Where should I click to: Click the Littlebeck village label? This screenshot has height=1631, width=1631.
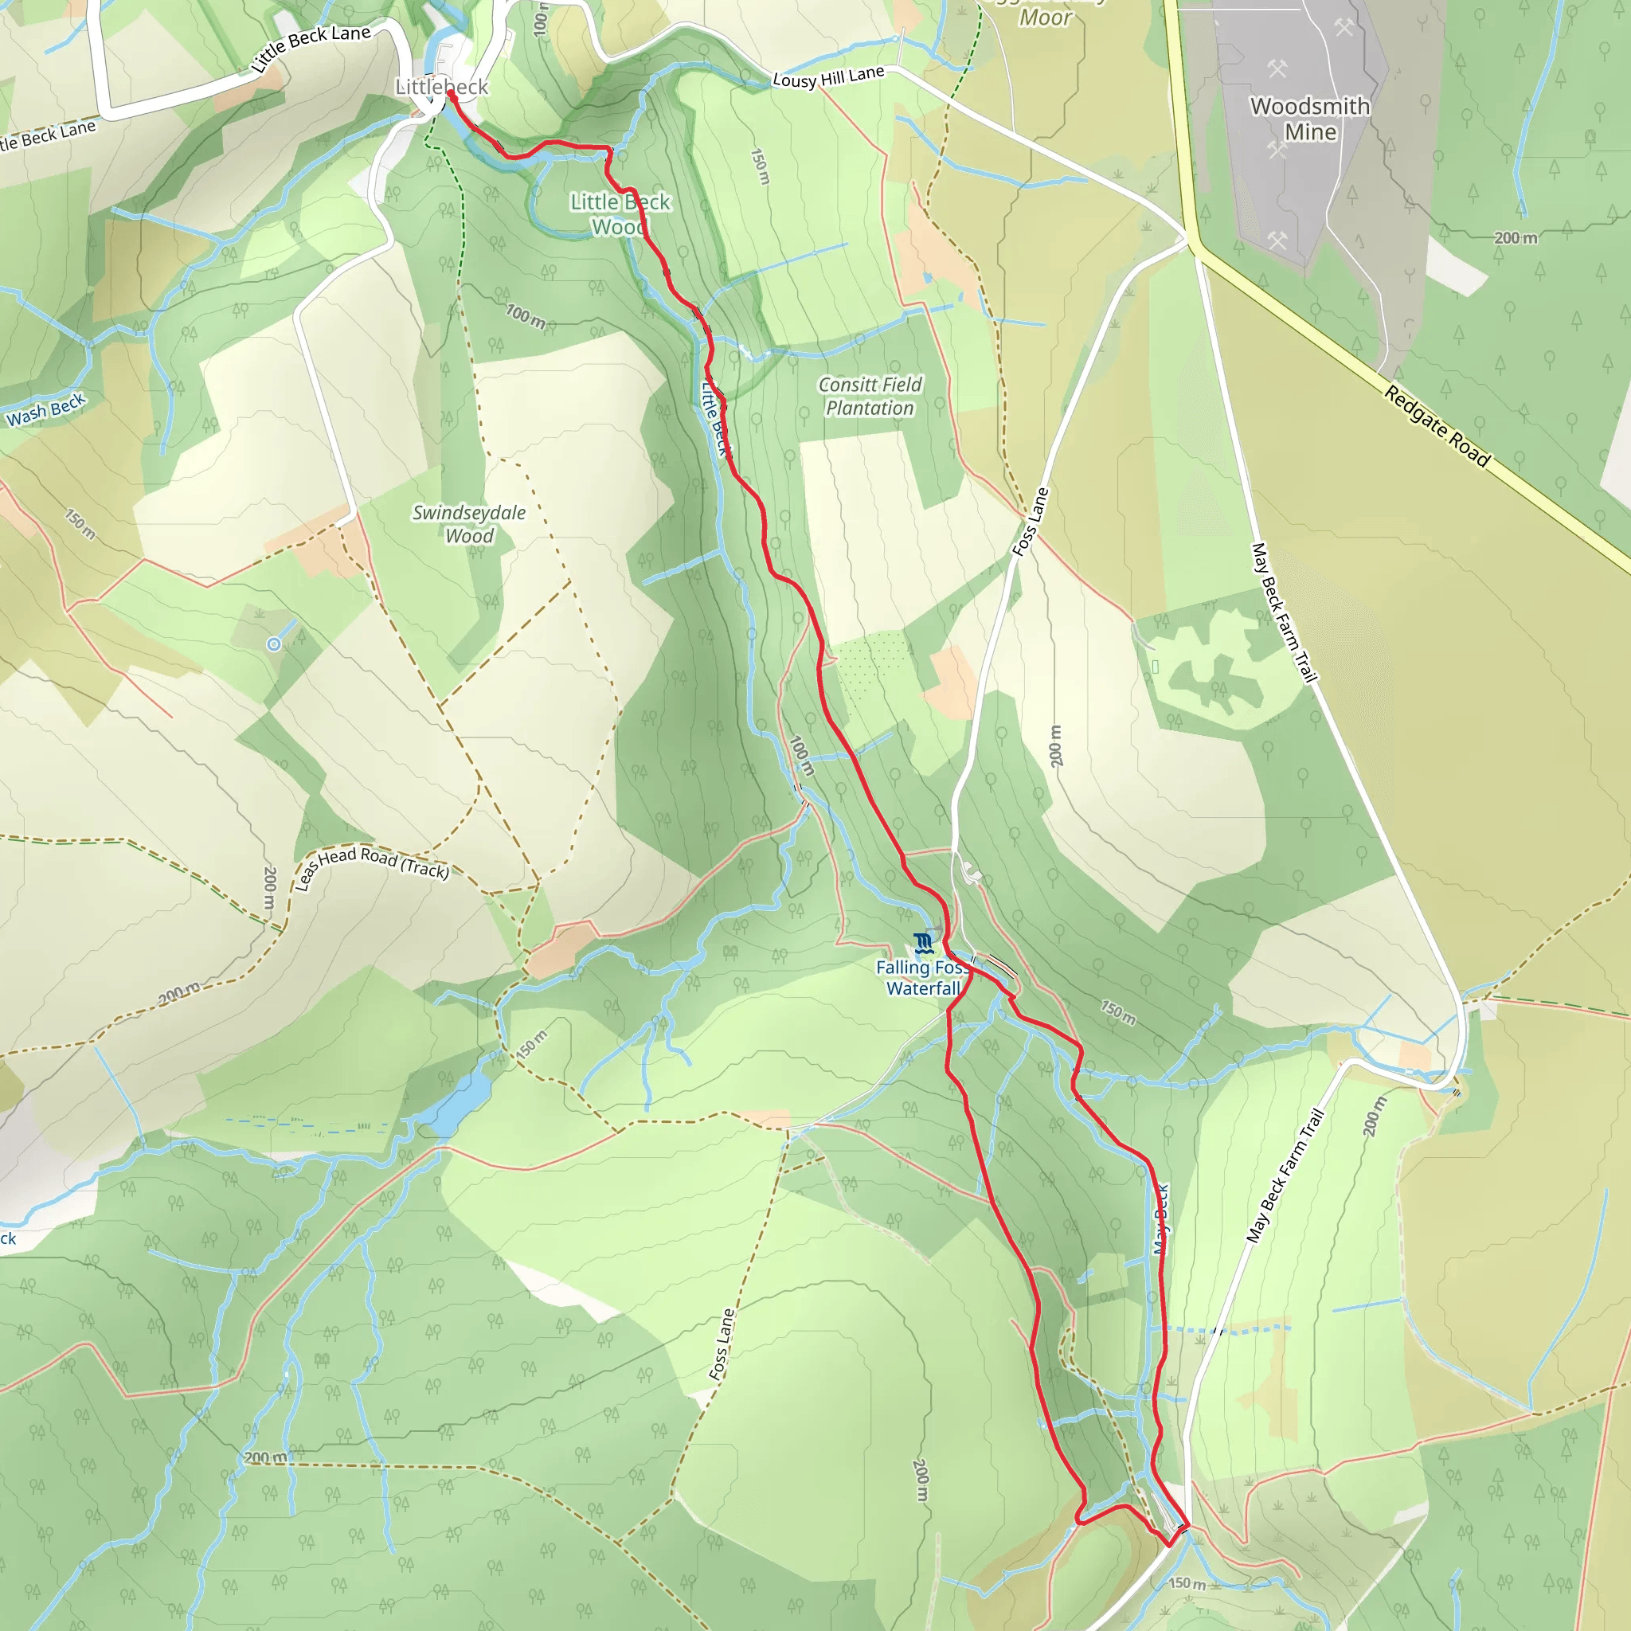[x=441, y=87]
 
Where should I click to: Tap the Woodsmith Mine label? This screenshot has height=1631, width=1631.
[x=1310, y=119]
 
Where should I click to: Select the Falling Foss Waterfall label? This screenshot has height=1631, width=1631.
[x=923, y=979]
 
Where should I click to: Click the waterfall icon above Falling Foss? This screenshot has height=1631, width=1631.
[x=924, y=943]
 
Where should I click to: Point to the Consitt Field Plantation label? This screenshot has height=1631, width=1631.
[x=870, y=396]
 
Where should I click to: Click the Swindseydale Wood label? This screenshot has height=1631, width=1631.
[x=469, y=524]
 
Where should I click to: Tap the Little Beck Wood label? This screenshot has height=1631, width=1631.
[x=620, y=213]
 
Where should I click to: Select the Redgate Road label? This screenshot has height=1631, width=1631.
[x=1437, y=426]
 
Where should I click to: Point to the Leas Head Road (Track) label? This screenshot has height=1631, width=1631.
[x=371, y=866]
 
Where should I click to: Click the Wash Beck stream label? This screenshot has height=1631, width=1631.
[x=45, y=409]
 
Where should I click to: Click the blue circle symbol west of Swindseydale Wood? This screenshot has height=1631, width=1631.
[x=273, y=645]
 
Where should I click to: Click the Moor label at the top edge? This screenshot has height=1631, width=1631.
[x=1045, y=18]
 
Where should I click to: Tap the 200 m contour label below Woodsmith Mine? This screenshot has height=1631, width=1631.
[x=1516, y=238]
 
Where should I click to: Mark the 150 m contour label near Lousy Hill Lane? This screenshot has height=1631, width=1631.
[x=761, y=166]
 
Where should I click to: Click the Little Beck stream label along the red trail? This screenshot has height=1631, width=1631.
[x=714, y=418]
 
